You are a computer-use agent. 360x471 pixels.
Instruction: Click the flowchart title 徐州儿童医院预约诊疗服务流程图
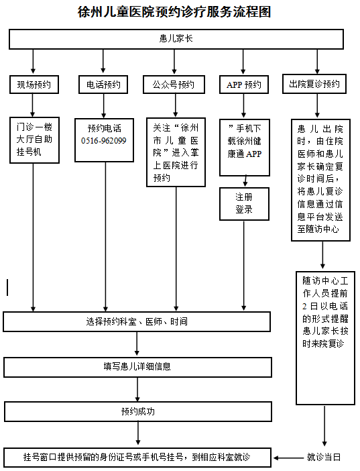pyautogui.click(x=174, y=12)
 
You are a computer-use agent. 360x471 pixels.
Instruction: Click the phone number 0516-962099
pyautogui.click(x=104, y=141)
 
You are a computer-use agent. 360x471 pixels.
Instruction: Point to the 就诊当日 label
pyautogui.click(x=324, y=458)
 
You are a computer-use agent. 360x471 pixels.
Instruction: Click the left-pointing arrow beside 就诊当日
pyautogui.click(x=288, y=458)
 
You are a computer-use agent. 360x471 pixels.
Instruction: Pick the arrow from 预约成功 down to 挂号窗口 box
pyautogui.click(x=138, y=433)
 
